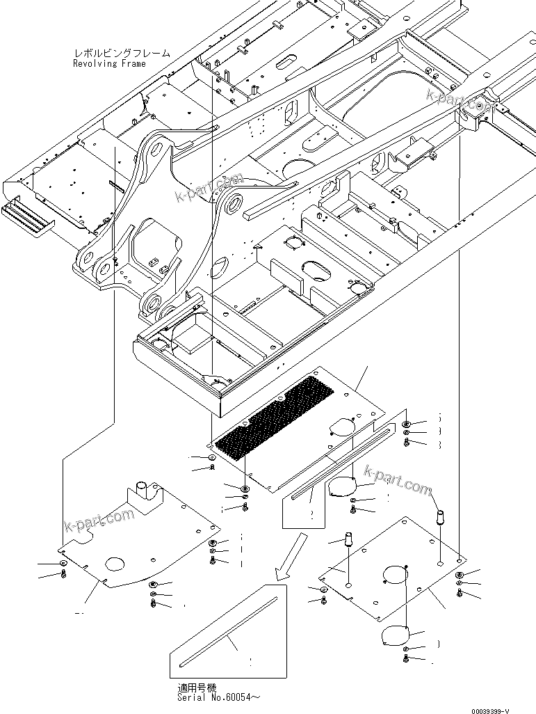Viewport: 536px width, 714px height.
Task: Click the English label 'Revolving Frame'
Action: point(110,64)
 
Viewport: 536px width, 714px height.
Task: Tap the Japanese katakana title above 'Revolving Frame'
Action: point(122,54)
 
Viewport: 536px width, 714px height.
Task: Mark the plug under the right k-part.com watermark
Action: point(439,516)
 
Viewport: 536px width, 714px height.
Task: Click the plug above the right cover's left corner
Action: point(348,538)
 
